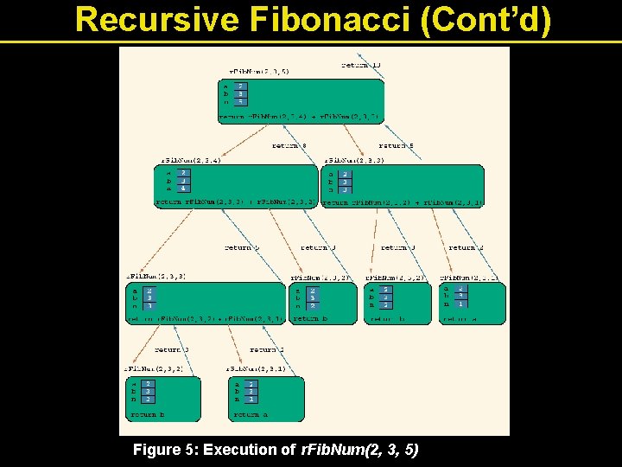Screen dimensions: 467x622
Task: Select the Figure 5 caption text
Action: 276,450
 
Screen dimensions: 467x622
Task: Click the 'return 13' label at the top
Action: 360,64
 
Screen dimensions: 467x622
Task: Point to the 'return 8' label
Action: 290,146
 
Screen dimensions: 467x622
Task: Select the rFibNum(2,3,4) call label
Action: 191,160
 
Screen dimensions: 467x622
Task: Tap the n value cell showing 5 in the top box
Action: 239,101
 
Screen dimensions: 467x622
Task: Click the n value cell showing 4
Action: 183,188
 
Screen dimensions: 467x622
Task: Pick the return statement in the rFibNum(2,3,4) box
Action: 235,202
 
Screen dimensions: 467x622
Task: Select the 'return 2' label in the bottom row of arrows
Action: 267,349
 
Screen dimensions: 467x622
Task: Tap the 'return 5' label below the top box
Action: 397,146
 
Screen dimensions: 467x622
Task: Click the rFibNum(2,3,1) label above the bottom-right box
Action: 256,368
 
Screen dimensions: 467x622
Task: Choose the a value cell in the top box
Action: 239,86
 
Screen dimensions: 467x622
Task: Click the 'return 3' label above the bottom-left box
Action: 171,349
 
